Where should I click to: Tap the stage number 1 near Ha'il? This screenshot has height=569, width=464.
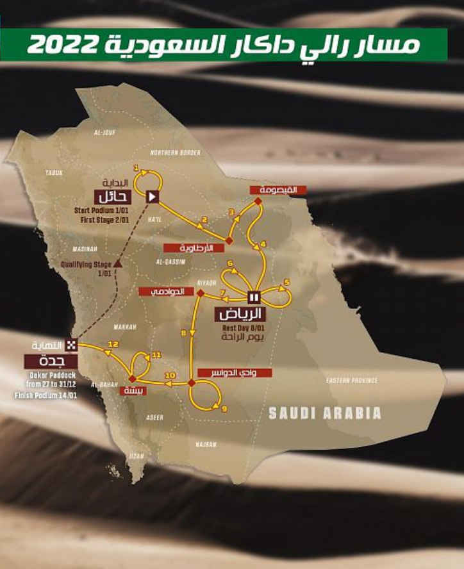(x=136, y=167)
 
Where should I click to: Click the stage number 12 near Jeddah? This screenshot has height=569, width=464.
(x=113, y=344)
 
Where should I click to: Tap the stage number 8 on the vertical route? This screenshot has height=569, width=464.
(x=185, y=333)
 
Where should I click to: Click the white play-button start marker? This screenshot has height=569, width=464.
(x=153, y=196)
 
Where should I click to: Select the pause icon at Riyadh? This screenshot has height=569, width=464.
(x=253, y=296)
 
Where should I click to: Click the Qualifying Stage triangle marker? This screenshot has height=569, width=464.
(x=119, y=263)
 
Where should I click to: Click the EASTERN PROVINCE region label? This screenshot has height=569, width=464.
(x=352, y=381)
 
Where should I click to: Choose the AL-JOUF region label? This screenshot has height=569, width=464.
(x=104, y=133)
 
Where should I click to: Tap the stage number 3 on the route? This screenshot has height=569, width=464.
(x=232, y=211)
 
